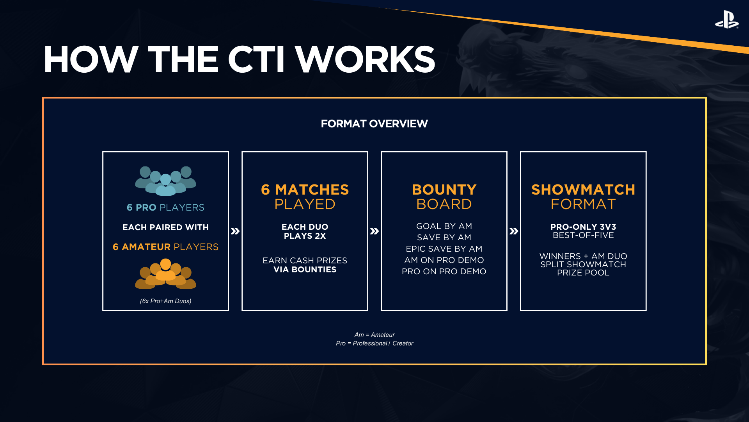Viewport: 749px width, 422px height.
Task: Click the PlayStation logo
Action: pos(726,20)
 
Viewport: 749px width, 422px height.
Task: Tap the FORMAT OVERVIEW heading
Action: pos(374,124)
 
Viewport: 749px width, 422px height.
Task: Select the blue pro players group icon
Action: pos(165,181)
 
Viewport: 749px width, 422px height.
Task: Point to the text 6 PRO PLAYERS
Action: pos(165,207)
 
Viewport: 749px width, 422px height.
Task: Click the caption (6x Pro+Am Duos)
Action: pos(165,301)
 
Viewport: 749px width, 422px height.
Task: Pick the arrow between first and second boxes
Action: pos(235,231)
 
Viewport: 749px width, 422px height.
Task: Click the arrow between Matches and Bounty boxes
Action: pos(374,231)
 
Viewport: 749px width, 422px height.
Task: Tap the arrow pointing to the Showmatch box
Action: pos(513,231)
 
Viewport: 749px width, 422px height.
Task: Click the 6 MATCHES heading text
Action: pos(305,190)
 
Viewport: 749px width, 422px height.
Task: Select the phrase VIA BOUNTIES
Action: pos(305,270)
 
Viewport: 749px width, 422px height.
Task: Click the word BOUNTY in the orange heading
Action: pos(444,190)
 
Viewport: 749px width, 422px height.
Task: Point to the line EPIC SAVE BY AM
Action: pos(444,249)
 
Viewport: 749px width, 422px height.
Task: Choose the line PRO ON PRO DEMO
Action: pos(444,272)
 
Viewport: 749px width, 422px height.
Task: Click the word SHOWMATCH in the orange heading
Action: pos(583,190)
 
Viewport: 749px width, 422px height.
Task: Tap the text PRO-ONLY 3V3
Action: pos(583,227)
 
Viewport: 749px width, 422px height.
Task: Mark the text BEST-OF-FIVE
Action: pos(583,235)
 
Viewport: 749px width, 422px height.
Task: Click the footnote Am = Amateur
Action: pos(374,335)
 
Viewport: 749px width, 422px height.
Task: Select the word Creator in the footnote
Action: pos(403,343)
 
